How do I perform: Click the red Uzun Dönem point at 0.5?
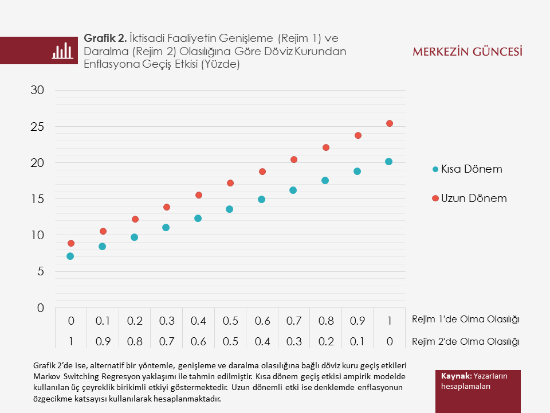(230, 183)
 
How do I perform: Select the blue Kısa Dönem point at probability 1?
(388, 162)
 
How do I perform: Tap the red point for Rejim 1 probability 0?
(70, 243)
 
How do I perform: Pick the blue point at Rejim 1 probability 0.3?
(166, 228)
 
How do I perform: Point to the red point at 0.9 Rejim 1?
(358, 135)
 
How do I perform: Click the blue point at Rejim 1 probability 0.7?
(293, 190)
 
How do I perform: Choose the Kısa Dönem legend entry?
(467, 169)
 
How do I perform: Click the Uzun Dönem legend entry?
(469, 198)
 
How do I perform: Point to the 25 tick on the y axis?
(37, 127)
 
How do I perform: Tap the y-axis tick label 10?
(37, 235)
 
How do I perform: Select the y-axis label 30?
(37, 90)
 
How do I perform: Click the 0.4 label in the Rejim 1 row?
(198, 320)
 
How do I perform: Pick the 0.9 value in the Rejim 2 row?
(103, 342)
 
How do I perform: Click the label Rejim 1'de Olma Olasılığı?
(465, 320)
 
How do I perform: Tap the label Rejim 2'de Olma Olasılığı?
(465, 342)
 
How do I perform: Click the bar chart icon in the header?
(62, 50)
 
